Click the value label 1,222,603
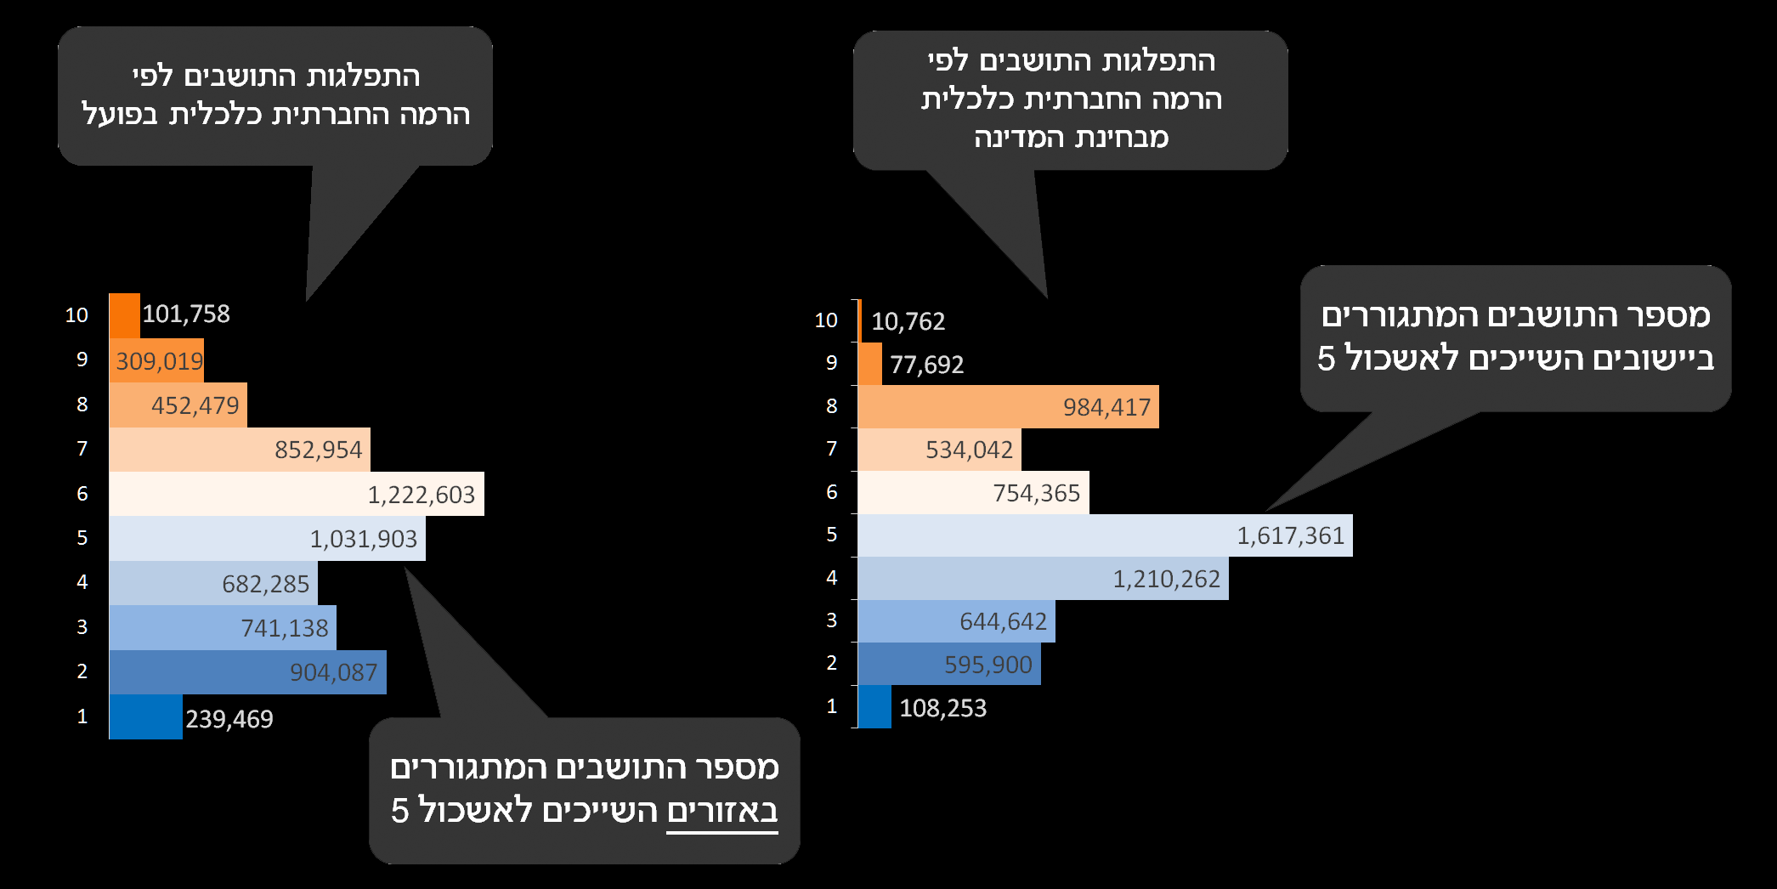click(421, 495)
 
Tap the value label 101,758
click(186, 314)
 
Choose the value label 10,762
click(908, 321)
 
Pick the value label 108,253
click(942, 708)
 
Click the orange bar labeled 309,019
click(156, 361)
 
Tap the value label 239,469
click(229, 719)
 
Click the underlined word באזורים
click(722, 811)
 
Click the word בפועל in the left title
click(119, 115)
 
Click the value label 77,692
click(926, 365)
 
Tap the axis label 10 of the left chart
click(76, 315)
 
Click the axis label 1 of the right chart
click(831, 706)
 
